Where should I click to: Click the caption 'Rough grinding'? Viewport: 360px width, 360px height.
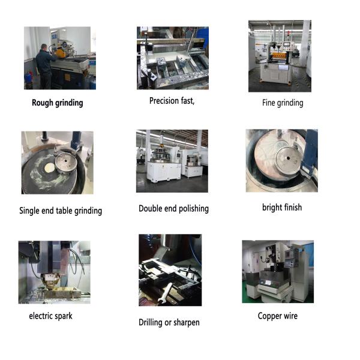click(x=58, y=103)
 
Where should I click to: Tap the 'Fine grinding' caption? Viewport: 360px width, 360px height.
click(x=283, y=103)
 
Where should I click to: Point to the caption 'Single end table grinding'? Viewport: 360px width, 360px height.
click(x=61, y=211)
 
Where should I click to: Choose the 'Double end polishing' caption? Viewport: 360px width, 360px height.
click(x=173, y=209)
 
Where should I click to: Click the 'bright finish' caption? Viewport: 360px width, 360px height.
click(x=282, y=208)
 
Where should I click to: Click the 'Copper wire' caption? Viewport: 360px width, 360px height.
click(x=277, y=316)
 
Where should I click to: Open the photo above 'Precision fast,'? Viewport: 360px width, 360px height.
click(x=172, y=58)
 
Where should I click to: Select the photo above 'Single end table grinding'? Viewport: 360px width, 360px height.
click(x=57, y=163)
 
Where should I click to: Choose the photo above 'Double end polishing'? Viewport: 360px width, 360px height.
click(x=172, y=161)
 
